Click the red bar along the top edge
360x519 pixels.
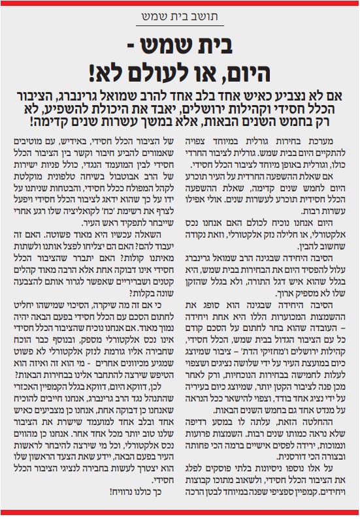(180, 3)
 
